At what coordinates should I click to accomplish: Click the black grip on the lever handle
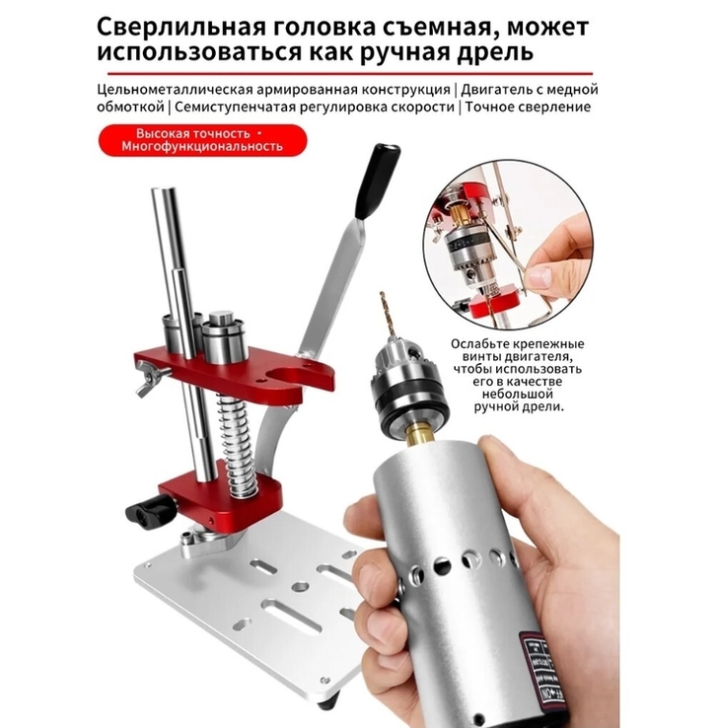click(x=378, y=181)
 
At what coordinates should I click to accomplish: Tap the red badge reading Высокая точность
click(x=203, y=140)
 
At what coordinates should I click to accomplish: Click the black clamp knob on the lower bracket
click(x=150, y=510)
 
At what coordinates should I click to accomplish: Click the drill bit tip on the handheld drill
click(x=383, y=295)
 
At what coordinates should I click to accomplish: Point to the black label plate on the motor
click(x=535, y=674)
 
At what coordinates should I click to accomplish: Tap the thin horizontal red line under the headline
click(x=350, y=73)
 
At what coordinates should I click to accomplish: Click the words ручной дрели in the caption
click(x=519, y=407)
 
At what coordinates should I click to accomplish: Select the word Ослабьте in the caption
click(x=481, y=344)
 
